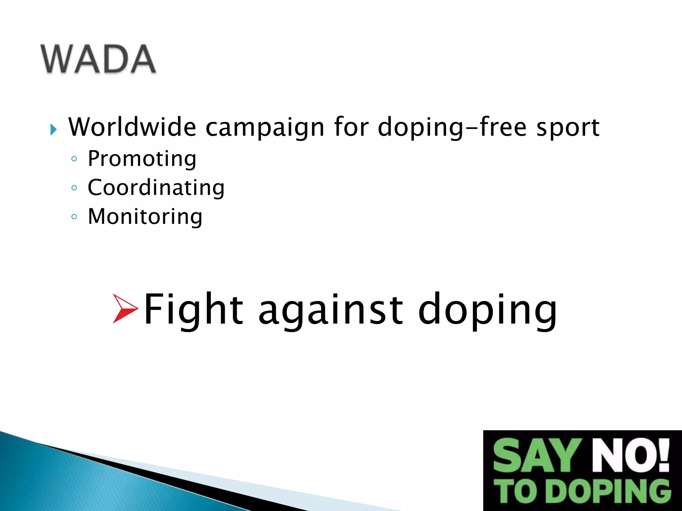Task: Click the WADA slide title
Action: (x=98, y=59)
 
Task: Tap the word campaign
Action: (x=265, y=127)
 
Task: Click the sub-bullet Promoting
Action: (x=142, y=159)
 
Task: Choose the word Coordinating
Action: (x=156, y=188)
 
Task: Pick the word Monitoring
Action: (x=145, y=217)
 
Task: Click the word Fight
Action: (x=193, y=309)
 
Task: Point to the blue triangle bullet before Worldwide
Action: (x=53, y=129)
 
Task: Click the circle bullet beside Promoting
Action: (x=74, y=159)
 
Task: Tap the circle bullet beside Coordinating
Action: (x=74, y=188)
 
